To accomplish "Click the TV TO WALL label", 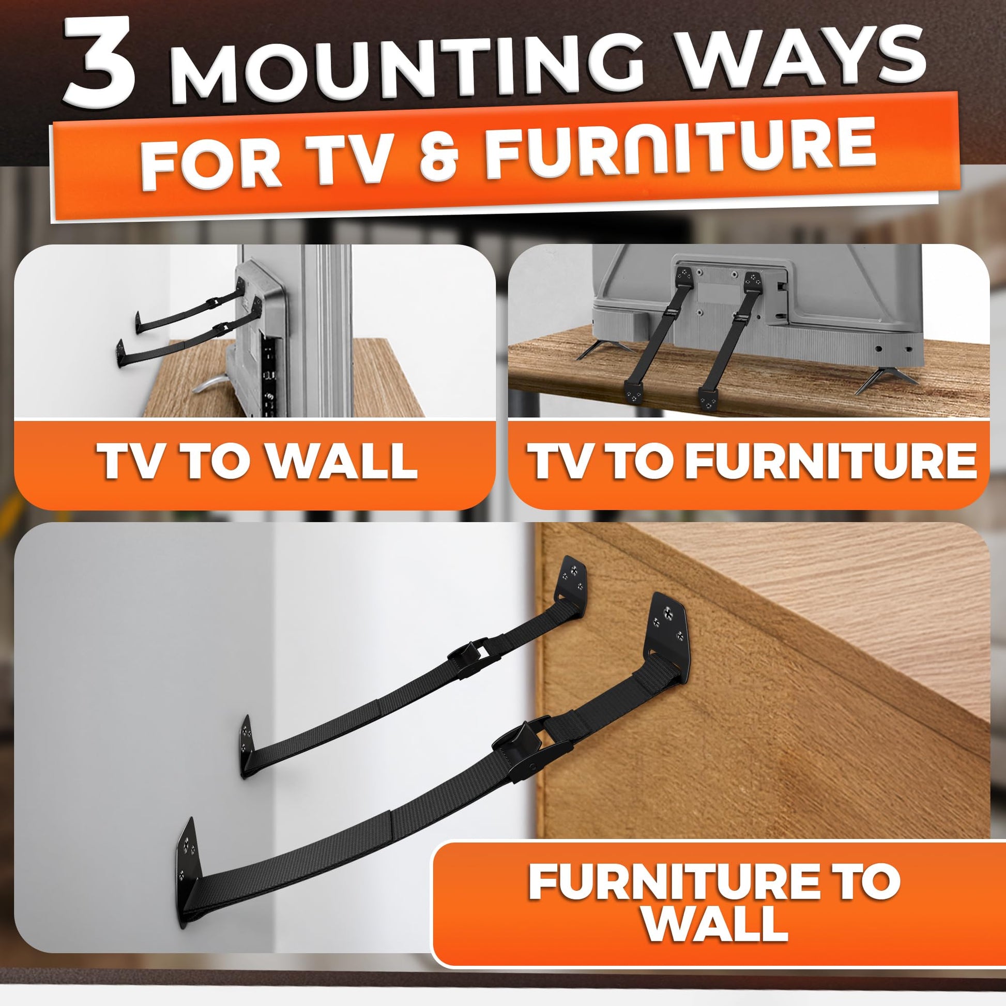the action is point(259,460).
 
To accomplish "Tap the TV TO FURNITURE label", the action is point(752,460).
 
